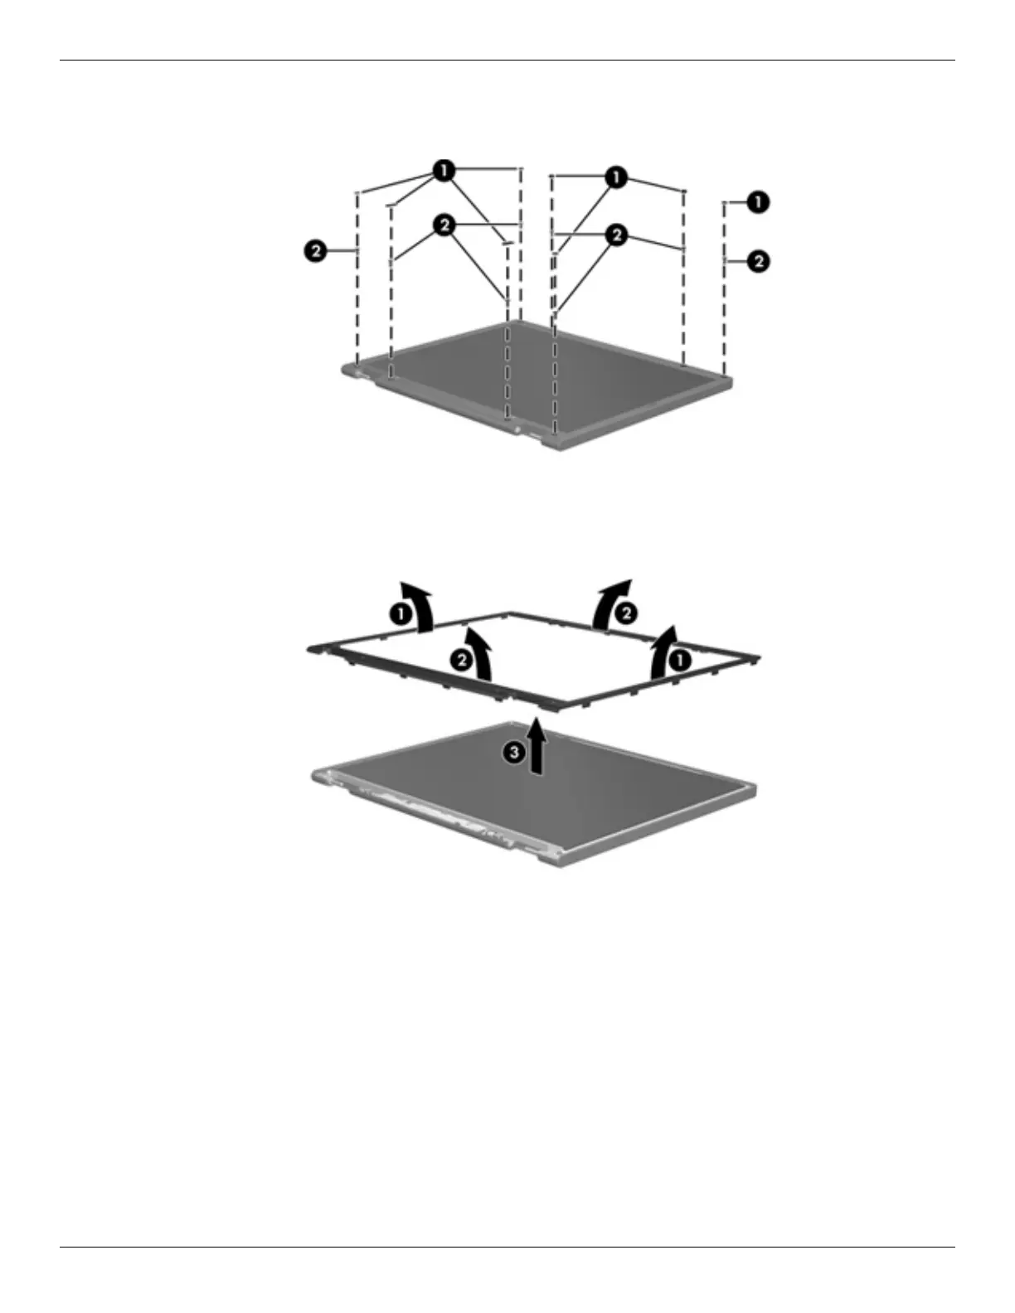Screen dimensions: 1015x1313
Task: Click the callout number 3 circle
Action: coord(514,752)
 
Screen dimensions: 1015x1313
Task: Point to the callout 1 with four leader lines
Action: coord(444,171)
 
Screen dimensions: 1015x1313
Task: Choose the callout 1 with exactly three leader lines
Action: coord(615,177)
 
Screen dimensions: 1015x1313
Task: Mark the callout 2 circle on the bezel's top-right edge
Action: coord(625,613)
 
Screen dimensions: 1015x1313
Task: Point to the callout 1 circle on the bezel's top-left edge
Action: coord(400,614)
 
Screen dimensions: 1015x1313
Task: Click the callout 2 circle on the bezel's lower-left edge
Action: coord(460,660)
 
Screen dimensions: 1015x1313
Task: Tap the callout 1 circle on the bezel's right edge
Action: coord(679,660)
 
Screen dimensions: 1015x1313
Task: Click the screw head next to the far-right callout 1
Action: coord(725,202)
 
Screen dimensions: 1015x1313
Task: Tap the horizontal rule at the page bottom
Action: coord(508,1247)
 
